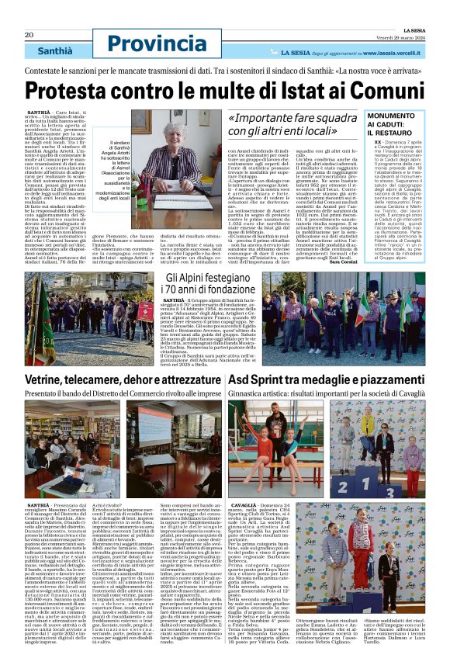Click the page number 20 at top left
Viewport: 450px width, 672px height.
[29, 35]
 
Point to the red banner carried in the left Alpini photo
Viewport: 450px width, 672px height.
[146, 311]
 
